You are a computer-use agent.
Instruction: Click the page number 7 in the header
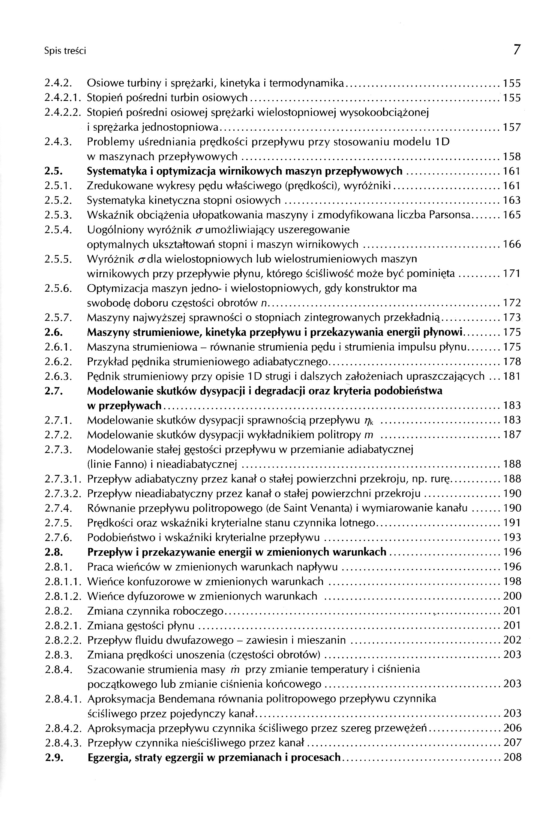click(517, 50)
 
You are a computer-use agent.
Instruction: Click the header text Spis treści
click(65, 51)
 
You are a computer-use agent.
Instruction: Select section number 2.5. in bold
click(54, 171)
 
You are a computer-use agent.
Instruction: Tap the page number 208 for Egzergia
click(512, 758)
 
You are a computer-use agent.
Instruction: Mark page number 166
click(512, 244)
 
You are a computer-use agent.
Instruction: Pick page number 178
click(512, 362)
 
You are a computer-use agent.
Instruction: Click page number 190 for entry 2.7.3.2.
click(512, 494)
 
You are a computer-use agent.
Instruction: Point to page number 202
click(512, 640)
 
